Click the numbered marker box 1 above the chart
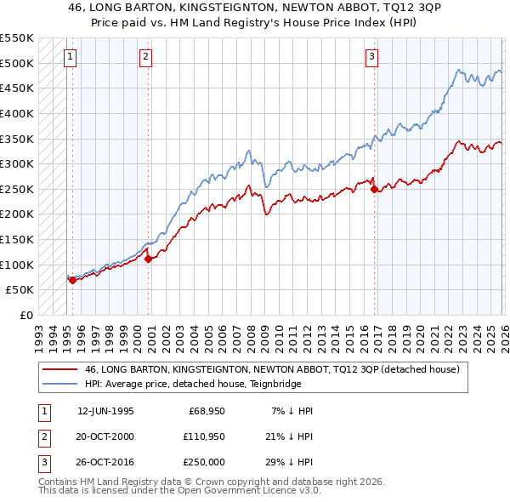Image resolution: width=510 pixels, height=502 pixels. [69, 57]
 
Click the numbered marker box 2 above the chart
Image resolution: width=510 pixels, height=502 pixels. [146, 57]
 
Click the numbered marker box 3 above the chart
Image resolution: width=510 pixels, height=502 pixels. [371, 57]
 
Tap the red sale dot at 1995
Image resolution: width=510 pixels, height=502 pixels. [72, 280]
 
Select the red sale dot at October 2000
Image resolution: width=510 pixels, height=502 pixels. [148, 259]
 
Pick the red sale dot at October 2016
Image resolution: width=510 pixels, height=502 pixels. [374, 189]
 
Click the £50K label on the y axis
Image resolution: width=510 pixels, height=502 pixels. [20, 290]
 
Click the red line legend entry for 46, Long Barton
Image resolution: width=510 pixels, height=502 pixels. [272, 369]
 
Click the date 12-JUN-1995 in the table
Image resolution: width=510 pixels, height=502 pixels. [105, 410]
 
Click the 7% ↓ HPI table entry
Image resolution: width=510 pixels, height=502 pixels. [292, 410]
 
